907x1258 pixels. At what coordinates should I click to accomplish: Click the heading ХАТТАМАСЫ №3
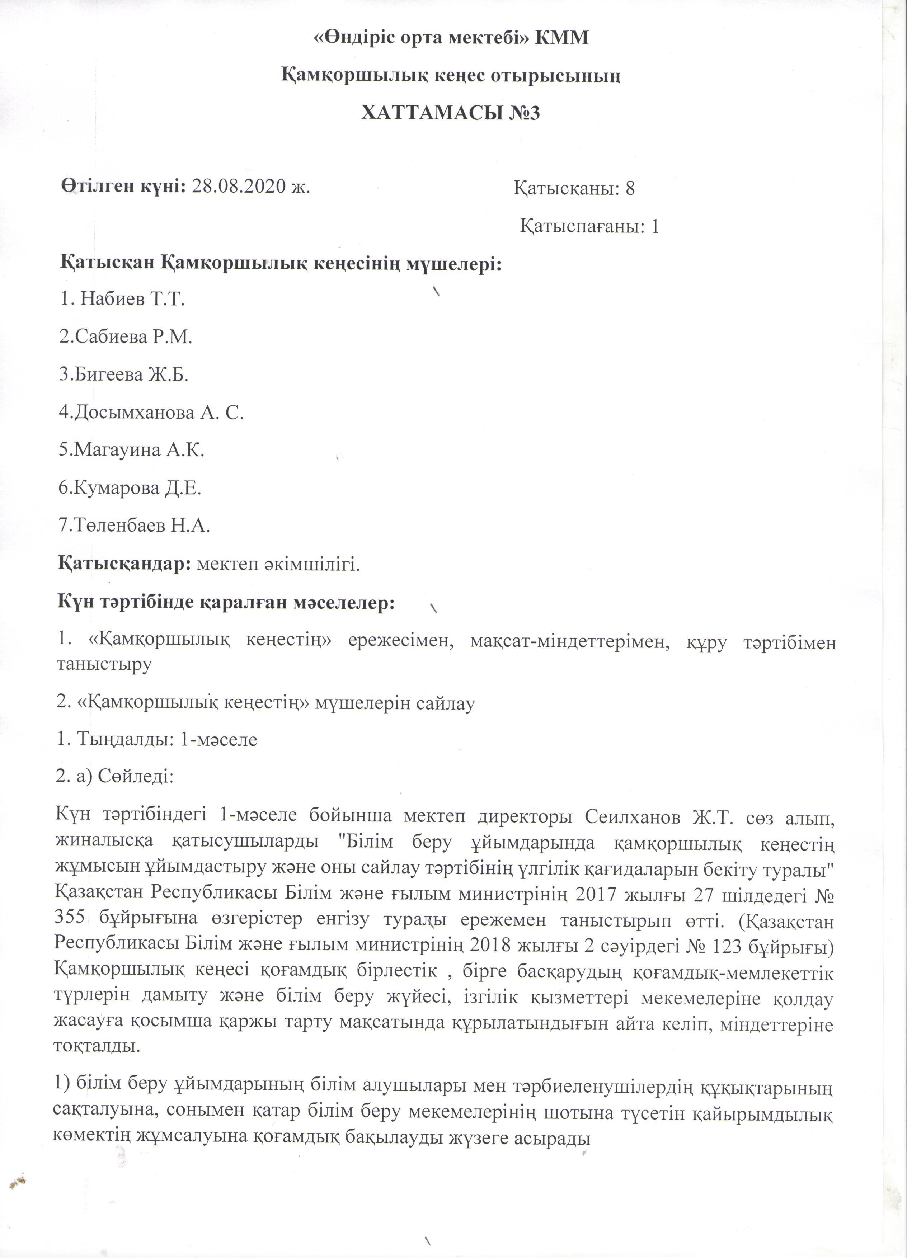pyautogui.click(x=450, y=113)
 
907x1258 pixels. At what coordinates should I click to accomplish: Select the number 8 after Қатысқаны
pyautogui.click(x=630, y=189)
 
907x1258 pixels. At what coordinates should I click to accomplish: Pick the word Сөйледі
pyautogui.click(x=136, y=777)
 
